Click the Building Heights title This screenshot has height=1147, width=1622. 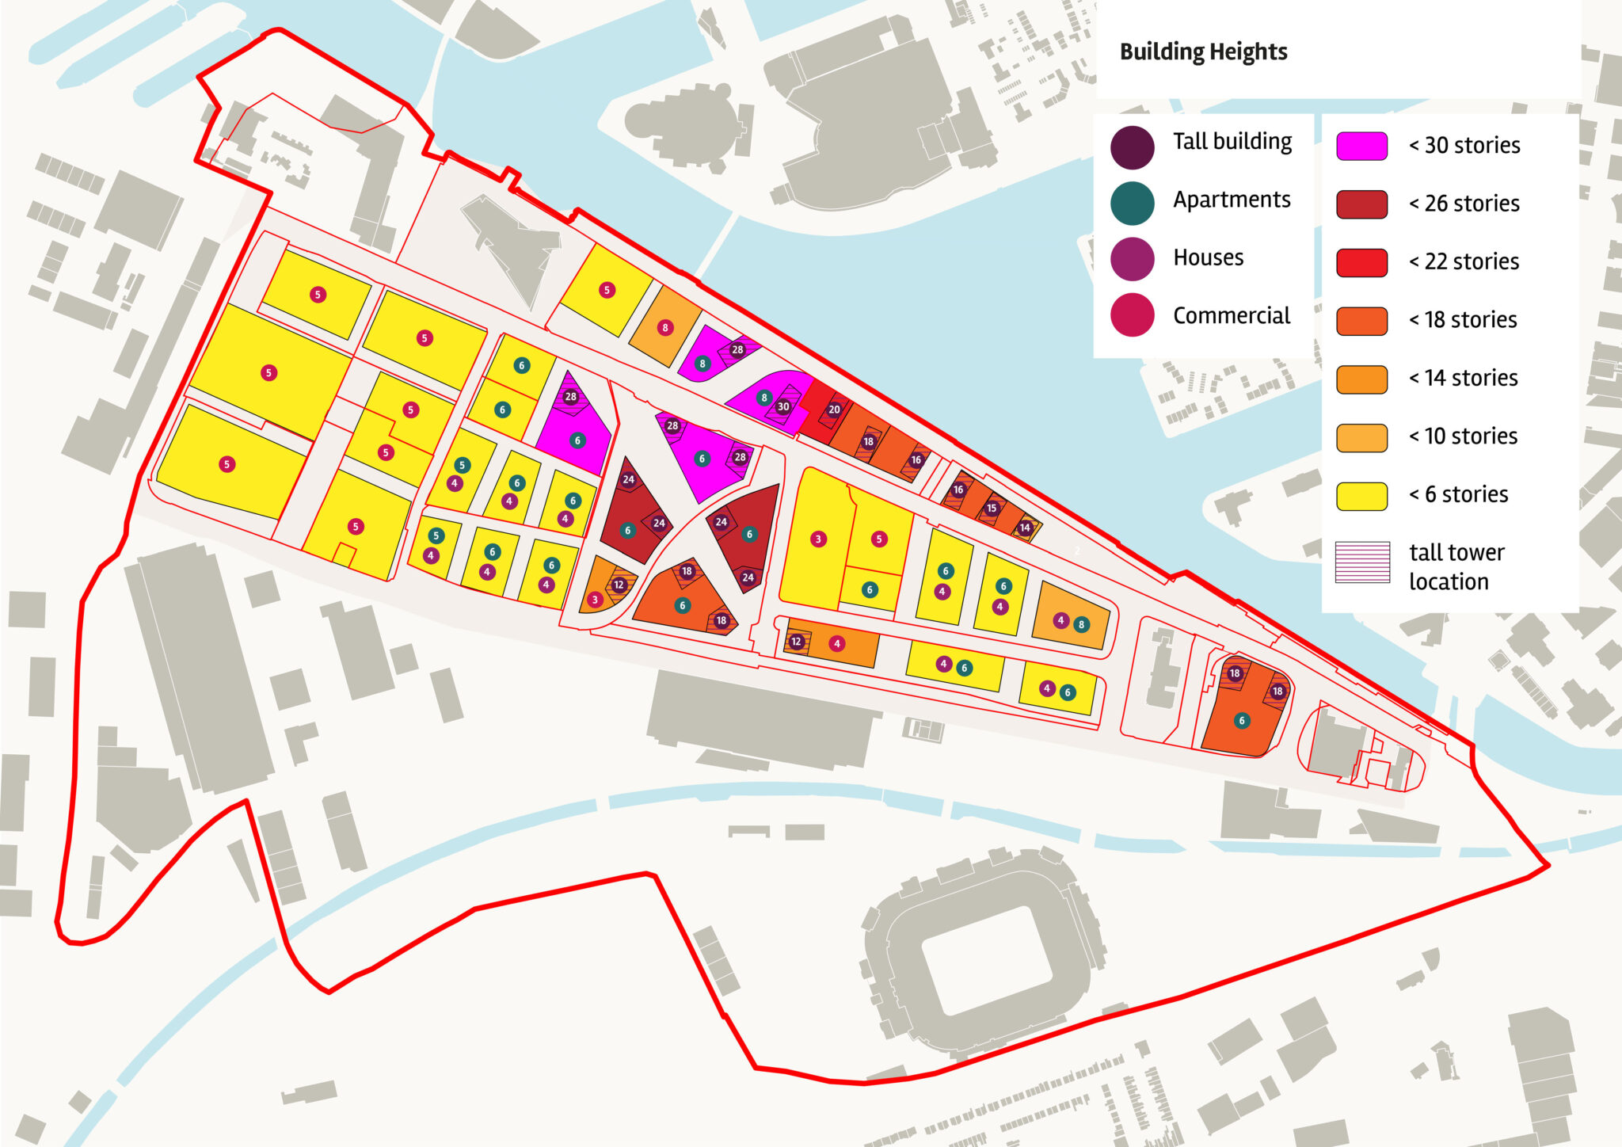click(x=1203, y=52)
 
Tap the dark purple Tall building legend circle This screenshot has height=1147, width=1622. click(x=1132, y=147)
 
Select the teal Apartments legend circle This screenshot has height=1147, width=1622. click(x=1132, y=204)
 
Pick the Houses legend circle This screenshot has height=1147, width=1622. click(x=1132, y=259)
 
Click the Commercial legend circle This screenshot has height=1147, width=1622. click(x=1132, y=315)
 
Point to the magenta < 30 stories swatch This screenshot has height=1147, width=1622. click(x=1361, y=147)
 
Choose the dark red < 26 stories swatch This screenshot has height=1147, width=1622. click(x=1361, y=204)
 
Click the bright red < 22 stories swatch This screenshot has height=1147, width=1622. click(x=1361, y=262)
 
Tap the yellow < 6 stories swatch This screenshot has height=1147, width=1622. click(x=1361, y=496)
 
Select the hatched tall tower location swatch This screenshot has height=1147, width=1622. click(x=1362, y=562)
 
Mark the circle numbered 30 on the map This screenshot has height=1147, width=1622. click(x=783, y=407)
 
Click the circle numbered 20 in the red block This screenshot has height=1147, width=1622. click(x=834, y=410)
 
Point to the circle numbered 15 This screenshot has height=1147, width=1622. click(x=992, y=509)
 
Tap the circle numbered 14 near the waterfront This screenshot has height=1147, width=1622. click(x=1025, y=528)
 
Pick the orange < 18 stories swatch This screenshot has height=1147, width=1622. click(x=1361, y=321)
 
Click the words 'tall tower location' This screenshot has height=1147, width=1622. click(x=1456, y=567)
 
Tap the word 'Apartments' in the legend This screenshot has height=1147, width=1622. click(x=1232, y=200)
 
